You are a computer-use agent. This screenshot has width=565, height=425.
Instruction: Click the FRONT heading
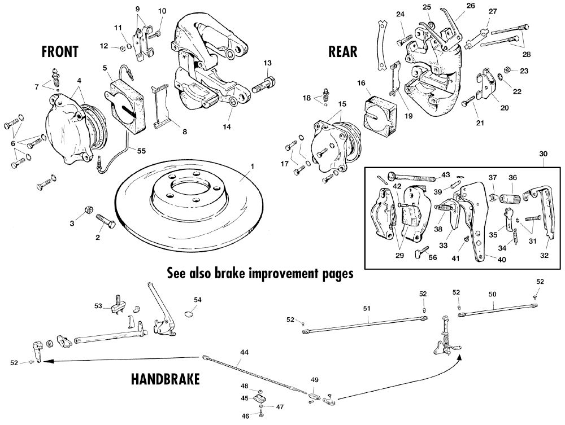(x=60, y=51)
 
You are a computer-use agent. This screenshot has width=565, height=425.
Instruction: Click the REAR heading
(x=342, y=51)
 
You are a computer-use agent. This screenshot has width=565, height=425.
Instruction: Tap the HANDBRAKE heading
(x=164, y=379)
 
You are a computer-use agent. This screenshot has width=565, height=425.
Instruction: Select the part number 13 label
(x=267, y=63)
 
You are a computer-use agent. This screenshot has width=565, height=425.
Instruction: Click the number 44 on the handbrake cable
(x=244, y=352)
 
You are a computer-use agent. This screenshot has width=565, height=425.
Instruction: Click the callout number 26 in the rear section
(x=455, y=6)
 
